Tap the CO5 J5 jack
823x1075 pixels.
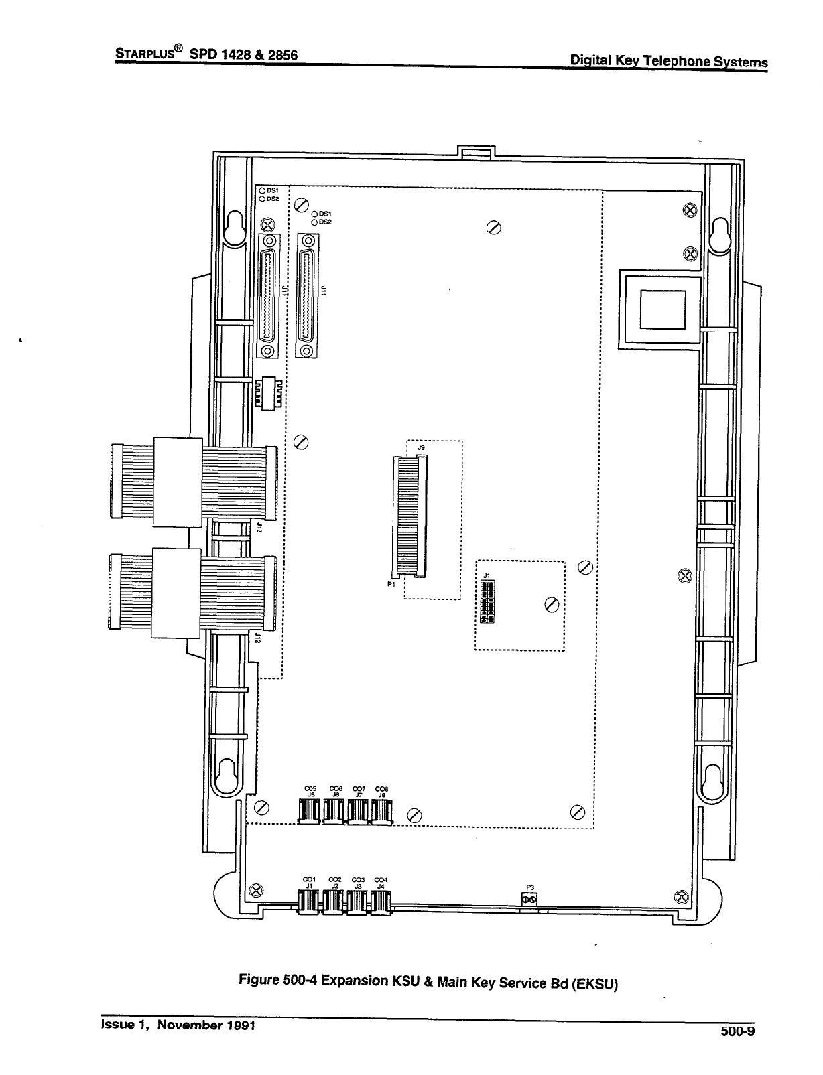tap(309, 812)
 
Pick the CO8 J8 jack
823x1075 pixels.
tap(381, 812)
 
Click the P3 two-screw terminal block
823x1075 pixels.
tap(529, 901)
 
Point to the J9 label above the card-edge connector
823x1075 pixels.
tap(421, 447)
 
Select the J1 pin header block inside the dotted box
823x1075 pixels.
tap(487, 601)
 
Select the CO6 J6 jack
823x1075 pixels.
tap(333, 812)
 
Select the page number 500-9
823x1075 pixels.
tap(738, 1031)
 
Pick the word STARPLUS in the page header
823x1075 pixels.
tap(145, 54)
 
